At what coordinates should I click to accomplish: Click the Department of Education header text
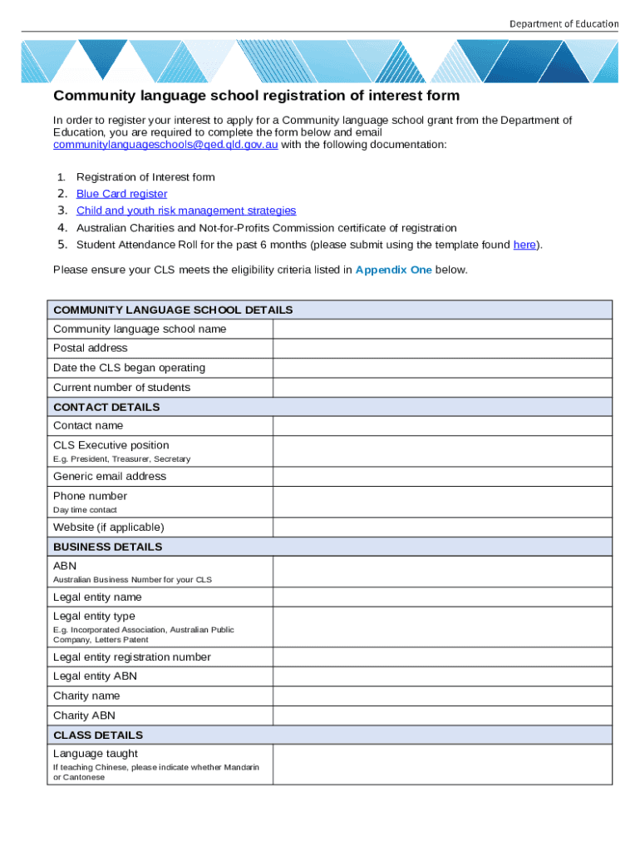(564, 23)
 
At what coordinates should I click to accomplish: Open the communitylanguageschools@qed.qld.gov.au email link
(165, 145)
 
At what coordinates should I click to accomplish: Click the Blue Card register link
(121, 194)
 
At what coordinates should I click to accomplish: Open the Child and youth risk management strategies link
(186, 211)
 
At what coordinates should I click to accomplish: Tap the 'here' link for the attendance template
(524, 245)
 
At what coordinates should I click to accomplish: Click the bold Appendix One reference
(393, 270)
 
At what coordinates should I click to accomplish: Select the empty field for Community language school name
(442, 329)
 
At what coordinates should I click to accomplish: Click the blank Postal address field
(442, 348)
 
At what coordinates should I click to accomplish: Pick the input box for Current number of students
(442, 387)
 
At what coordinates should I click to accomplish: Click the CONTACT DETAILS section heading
(106, 407)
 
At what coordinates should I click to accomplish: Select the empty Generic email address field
(442, 476)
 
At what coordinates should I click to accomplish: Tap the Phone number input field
(442, 502)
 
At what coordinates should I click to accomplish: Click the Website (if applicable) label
(109, 528)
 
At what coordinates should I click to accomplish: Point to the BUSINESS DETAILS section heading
(108, 547)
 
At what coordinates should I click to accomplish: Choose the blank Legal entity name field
(442, 597)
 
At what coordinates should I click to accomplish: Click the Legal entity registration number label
(132, 656)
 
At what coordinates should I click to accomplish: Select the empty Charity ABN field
(442, 716)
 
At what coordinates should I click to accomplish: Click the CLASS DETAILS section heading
(98, 735)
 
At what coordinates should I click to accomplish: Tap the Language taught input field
(442, 764)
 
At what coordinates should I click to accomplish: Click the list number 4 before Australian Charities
(62, 227)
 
